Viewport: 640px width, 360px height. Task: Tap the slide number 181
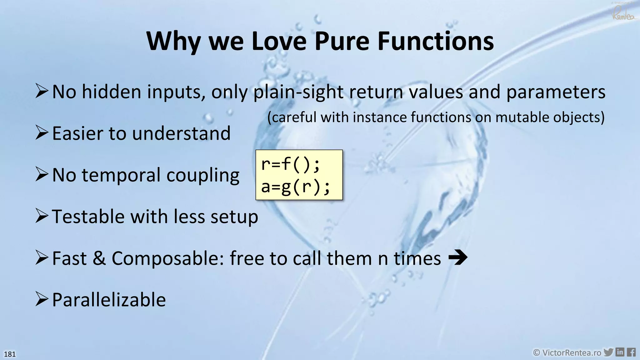(x=10, y=354)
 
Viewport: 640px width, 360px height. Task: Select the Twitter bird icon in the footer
(x=608, y=352)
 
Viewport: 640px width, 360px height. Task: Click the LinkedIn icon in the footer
(x=620, y=352)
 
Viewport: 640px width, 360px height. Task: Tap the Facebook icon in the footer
(x=631, y=352)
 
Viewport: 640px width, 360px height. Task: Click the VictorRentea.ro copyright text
(x=567, y=353)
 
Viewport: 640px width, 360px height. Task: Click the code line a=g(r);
(x=295, y=187)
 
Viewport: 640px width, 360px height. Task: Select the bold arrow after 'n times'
(x=458, y=258)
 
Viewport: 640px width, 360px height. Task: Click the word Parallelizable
(x=109, y=300)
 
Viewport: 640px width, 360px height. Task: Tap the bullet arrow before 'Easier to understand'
(x=42, y=132)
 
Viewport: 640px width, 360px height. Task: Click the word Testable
(x=88, y=216)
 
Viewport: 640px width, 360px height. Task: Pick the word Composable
(x=167, y=258)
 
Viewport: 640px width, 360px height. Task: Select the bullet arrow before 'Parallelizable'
(x=42, y=299)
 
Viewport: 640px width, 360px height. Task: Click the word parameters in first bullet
(x=556, y=92)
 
